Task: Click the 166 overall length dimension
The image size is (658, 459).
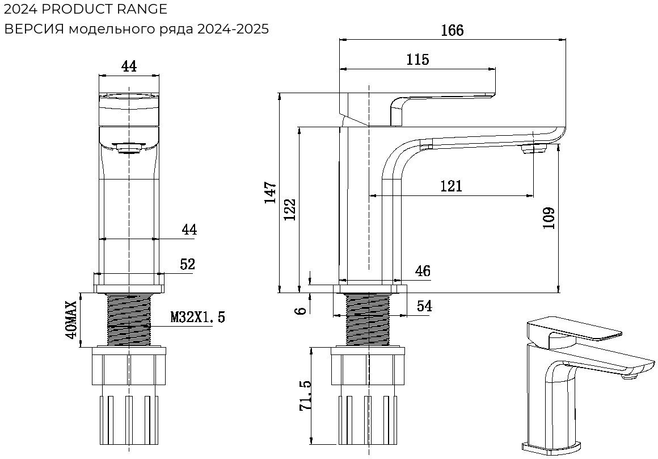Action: coord(452,30)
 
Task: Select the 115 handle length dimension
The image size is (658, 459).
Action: coord(417,59)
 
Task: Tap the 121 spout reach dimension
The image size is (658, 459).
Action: coord(451,186)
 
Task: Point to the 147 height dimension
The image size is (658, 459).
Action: coord(271,193)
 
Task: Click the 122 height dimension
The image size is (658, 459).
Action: coord(290,210)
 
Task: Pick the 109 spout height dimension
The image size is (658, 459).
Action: coord(549,218)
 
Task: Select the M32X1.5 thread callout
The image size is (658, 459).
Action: coord(197,317)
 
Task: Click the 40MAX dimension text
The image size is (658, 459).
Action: coord(71,320)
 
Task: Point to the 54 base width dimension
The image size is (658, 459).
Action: coord(424,306)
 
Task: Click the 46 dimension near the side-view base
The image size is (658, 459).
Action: coord(422,271)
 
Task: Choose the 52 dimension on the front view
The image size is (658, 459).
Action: coord(187,264)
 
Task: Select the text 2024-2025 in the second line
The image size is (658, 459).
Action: coord(233,29)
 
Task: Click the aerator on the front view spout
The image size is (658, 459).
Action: coord(129,149)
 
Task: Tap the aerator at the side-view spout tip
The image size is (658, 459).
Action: coord(533,149)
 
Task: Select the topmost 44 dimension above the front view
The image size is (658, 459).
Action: coord(129,66)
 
